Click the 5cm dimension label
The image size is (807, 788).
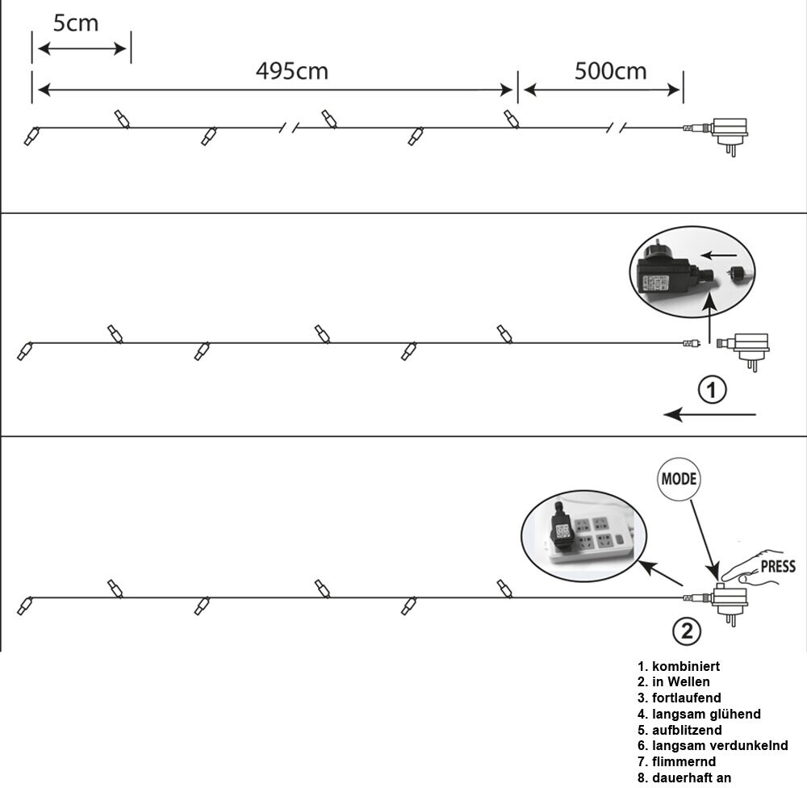(76, 23)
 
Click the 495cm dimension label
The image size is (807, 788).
(291, 71)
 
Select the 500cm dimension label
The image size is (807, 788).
(610, 71)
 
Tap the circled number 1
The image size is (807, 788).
(711, 391)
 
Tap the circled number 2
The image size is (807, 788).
(687, 631)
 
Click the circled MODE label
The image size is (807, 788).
(679, 479)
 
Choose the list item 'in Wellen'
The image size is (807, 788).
(673, 682)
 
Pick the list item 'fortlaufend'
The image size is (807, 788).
(679, 698)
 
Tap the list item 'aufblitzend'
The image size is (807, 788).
(679, 730)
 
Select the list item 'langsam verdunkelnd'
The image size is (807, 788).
(712, 746)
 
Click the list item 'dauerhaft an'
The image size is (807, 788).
(684, 778)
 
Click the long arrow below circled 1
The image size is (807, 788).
(710, 415)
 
